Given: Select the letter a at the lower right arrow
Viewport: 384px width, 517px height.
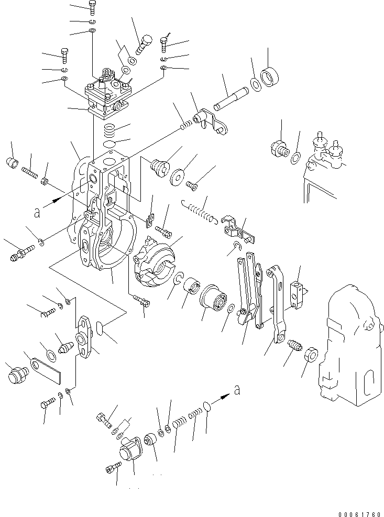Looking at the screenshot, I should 237,389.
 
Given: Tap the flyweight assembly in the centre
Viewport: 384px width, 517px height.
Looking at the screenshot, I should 153,261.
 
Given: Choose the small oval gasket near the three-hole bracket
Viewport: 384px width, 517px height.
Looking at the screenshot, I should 103,329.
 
